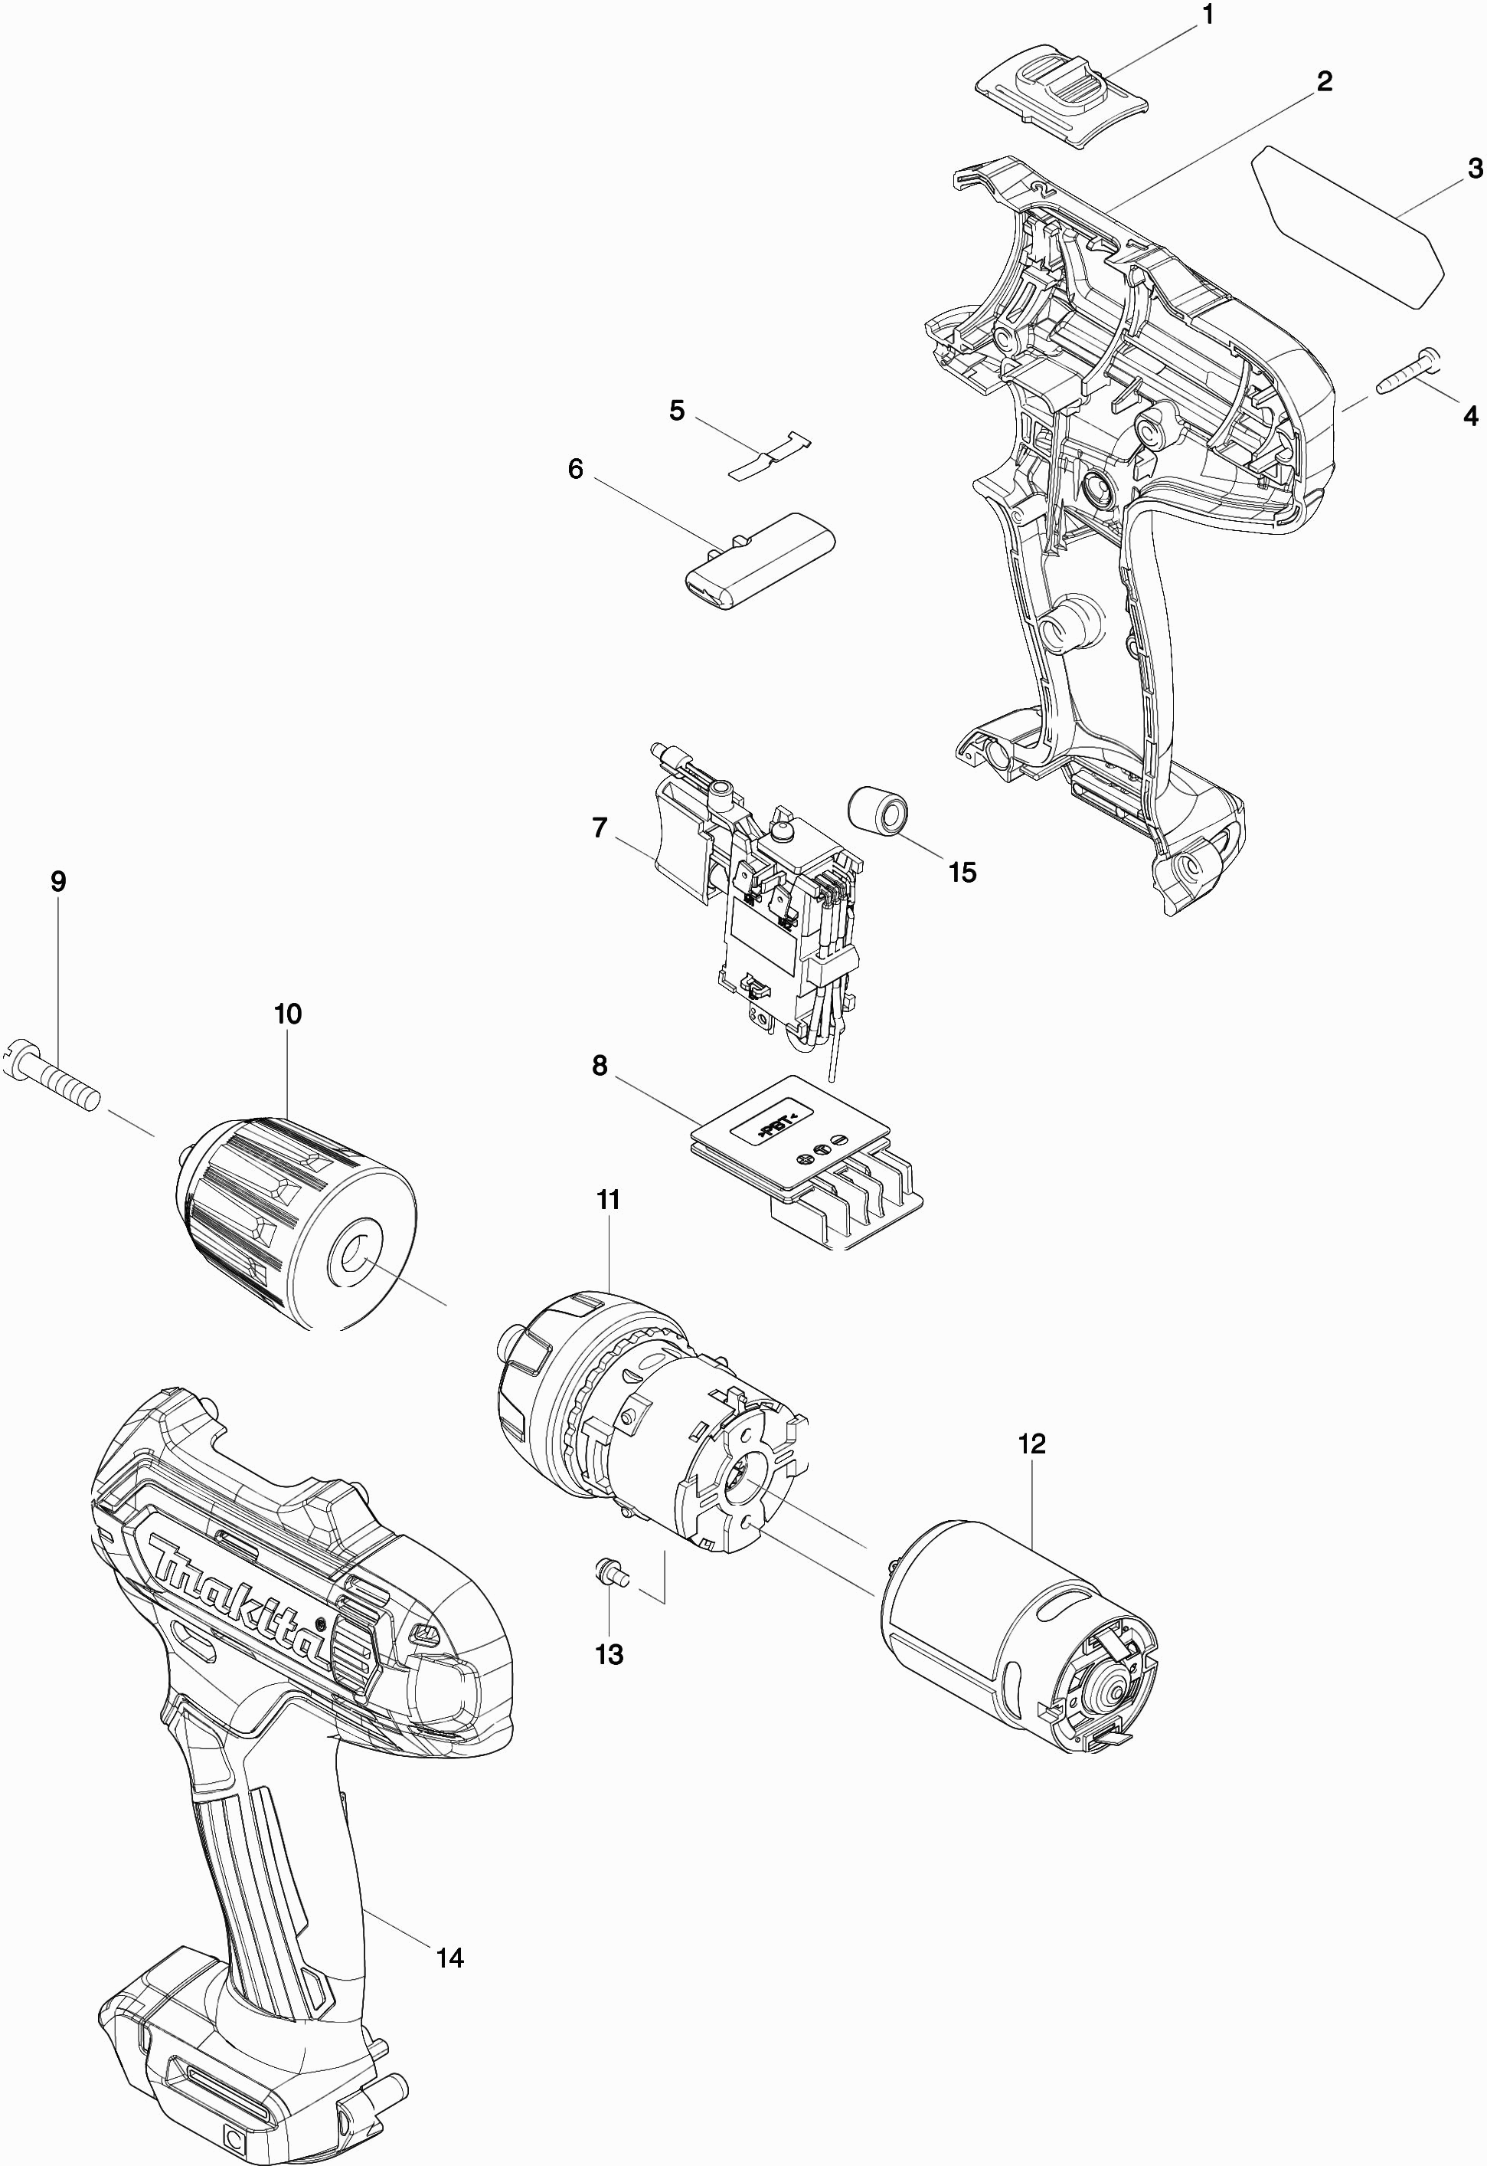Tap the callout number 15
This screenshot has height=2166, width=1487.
click(x=962, y=873)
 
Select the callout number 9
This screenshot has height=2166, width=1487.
click(x=57, y=882)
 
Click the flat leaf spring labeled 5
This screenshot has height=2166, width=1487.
click(x=769, y=454)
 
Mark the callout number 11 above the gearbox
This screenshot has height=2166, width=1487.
click(x=607, y=1201)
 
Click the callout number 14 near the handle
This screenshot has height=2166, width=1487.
click(x=450, y=1958)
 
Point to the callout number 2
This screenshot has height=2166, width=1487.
click(x=1324, y=82)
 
